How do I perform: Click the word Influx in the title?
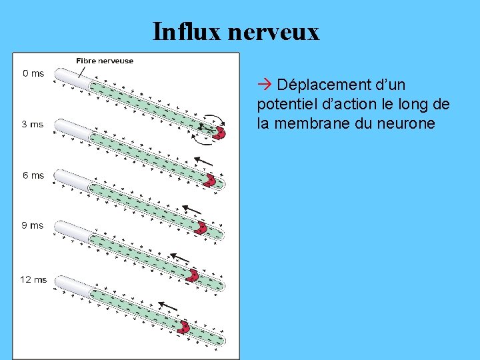click(x=186, y=31)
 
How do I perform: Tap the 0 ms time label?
click(x=33, y=73)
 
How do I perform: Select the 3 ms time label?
click(x=33, y=124)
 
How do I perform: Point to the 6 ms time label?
click(x=33, y=175)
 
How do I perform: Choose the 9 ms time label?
click(x=33, y=225)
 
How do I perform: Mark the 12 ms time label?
click(x=34, y=279)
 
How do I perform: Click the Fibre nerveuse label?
click(x=105, y=61)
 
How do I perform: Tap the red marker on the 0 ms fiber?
click(x=219, y=132)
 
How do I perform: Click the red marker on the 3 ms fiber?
click(x=209, y=181)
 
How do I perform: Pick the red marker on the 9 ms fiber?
click(x=192, y=275)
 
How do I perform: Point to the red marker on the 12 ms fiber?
click(x=183, y=327)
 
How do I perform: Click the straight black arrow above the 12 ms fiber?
click(x=168, y=307)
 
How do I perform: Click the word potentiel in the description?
click(x=287, y=105)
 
